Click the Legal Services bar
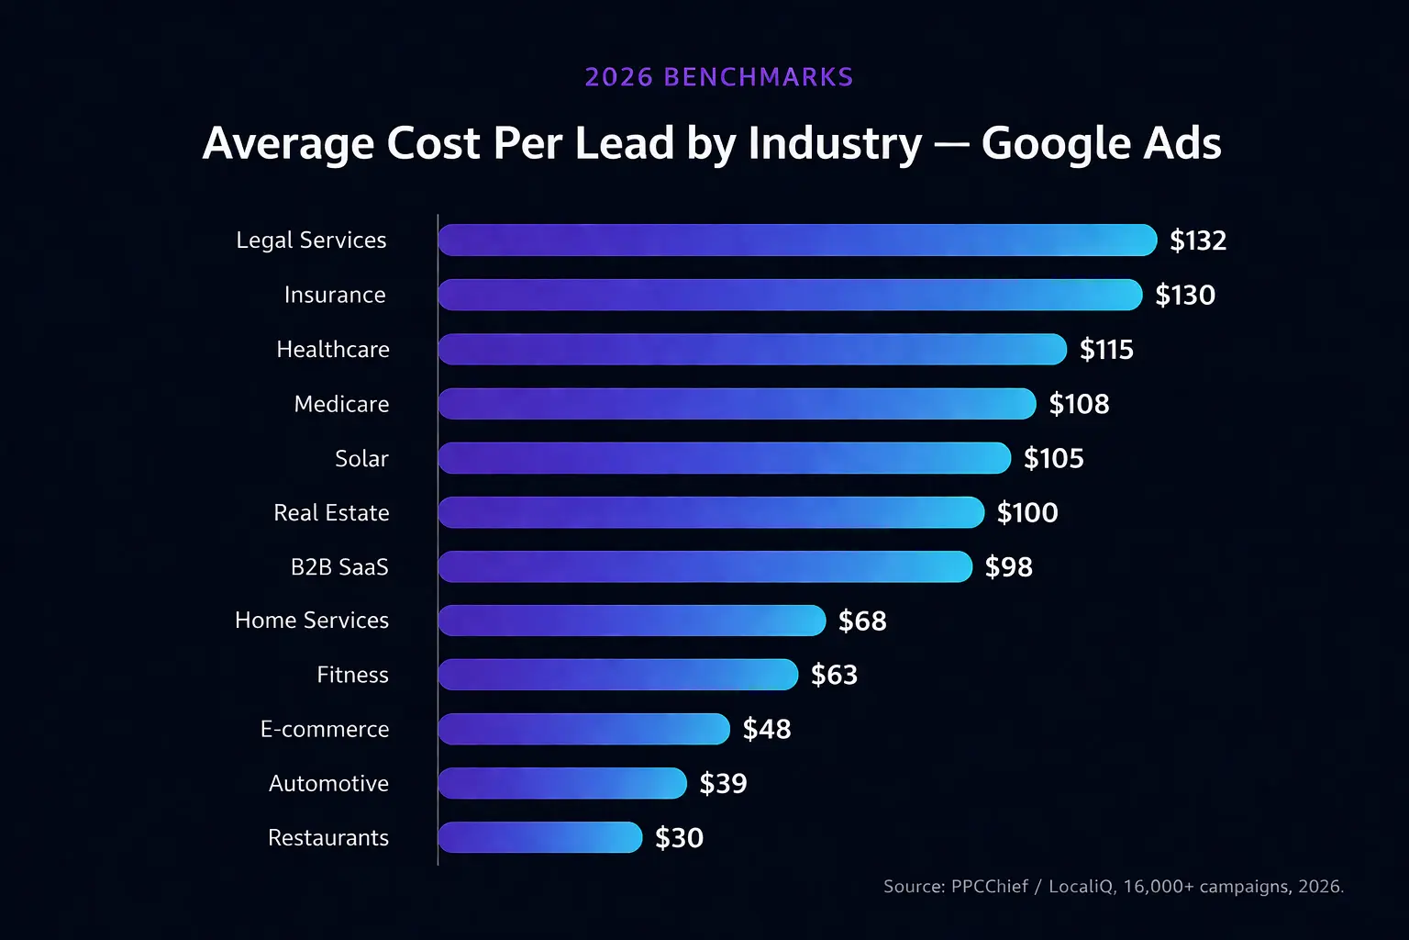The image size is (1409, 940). point(797,240)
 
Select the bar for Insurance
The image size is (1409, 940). point(790,295)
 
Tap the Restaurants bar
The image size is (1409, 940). point(540,837)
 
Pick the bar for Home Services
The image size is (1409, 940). point(632,621)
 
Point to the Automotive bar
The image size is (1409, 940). point(562,783)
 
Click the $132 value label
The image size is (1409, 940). point(1198,241)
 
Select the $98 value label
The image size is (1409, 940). point(1008,566)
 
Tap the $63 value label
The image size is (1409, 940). point(834,675)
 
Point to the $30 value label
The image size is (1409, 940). point(679,838)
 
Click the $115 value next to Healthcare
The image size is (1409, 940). point(1106,350)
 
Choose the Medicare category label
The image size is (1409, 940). point(341,404)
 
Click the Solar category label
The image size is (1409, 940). point(361,458)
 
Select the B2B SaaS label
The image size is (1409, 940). point(339,566)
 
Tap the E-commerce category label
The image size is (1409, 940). point(325,729)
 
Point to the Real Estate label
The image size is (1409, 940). point(331,512)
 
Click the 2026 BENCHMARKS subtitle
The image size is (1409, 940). point(719,77)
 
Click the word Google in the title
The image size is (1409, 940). point(1055,144)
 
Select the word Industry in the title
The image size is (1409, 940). point(835,144)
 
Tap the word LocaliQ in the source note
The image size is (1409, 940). point(1081,887)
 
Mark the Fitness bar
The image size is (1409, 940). point(618,675)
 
